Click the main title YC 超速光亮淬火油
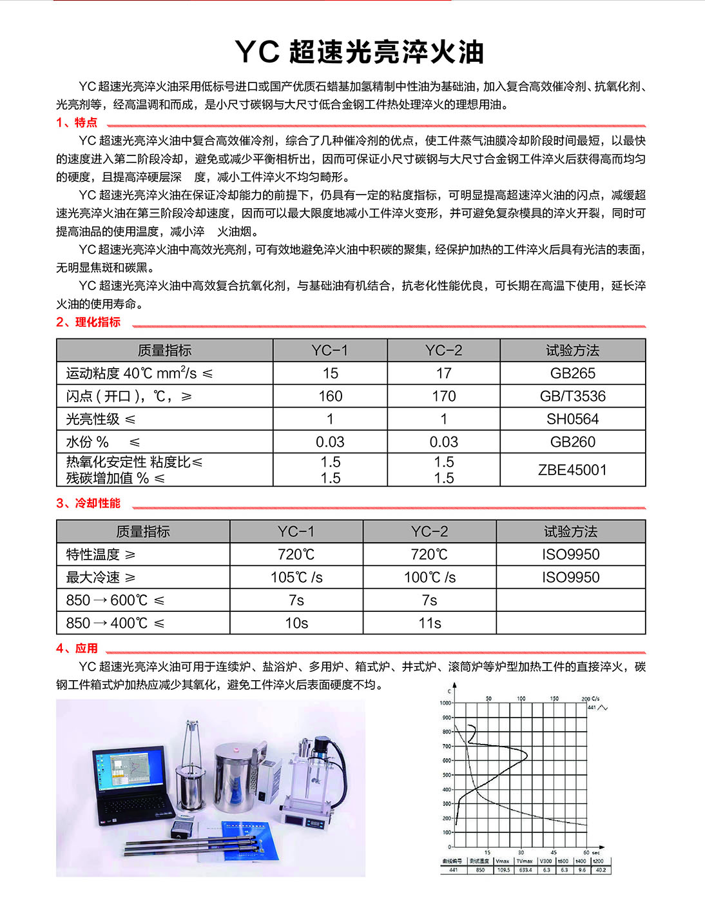[359, 52]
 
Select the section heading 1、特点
[77, 122]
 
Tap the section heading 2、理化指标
[88, 322]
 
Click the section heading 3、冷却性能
[88, 504]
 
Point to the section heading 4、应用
[77, 649]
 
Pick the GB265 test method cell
[572, 373]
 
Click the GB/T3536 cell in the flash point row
[572, 396]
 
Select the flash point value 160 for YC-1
[330, 396]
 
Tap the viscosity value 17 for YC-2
[443, 373]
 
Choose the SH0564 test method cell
[572, 419]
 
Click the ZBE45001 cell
[572, 470]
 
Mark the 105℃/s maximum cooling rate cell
[296, 578]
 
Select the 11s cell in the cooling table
[429, 623]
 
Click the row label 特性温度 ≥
[101, 554]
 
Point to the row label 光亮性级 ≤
[101, 419]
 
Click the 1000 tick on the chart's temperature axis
[445, 703]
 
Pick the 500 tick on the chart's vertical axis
[447, 775]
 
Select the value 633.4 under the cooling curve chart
[525, 870]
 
